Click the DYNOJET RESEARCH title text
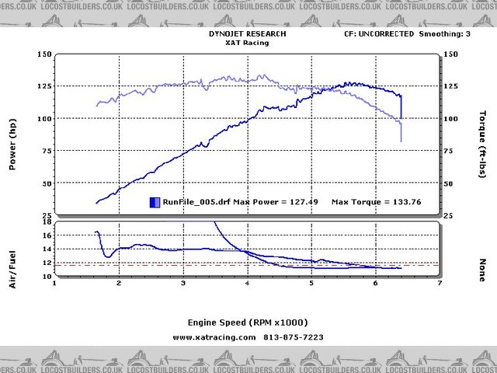point(248,34)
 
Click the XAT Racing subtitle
point(248,44)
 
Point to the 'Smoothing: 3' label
point(444,34)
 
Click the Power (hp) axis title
point(13,148)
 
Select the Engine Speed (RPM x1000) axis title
point(248,322)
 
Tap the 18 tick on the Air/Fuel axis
point(46,222)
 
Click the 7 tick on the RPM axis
point(440,284)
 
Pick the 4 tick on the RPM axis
point(247,284)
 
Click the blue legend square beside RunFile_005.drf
point(155,202)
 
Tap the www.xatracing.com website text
point(214,337)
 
